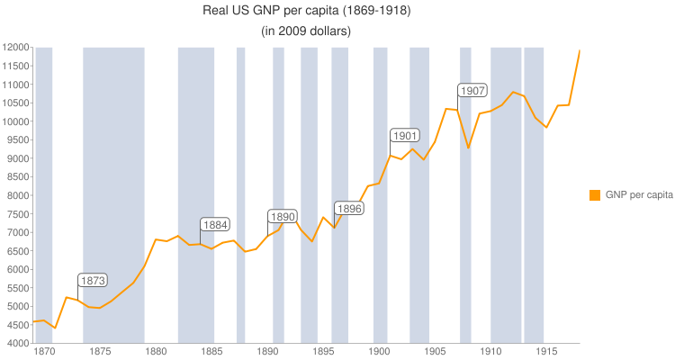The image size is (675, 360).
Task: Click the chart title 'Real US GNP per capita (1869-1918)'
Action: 306,12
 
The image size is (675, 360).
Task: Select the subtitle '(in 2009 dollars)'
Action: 306,31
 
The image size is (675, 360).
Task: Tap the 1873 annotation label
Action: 93,281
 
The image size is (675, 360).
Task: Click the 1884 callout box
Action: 215,225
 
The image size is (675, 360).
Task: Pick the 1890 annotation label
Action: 283,217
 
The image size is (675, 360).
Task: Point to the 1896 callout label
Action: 349,209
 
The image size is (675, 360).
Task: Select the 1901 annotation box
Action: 405,136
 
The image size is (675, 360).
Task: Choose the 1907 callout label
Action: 472,91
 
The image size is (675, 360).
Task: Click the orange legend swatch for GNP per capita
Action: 595,194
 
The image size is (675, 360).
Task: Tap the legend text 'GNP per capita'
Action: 639,194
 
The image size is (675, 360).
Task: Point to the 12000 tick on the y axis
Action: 15,48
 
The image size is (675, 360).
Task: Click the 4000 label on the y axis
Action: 15,344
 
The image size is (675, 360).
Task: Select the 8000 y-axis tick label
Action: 15,195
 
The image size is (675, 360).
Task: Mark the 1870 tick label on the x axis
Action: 44,352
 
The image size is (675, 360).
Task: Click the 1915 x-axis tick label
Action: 546,352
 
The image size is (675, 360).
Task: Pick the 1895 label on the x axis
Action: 323,352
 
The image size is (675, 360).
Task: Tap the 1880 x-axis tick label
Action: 156,352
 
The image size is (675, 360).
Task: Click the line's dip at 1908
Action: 468,148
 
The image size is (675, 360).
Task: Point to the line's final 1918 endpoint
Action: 580,50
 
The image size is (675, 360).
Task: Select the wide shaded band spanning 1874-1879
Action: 113,180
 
